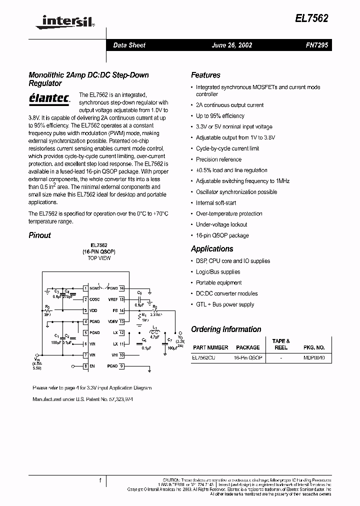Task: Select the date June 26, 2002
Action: [231, 45]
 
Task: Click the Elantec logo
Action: [49, 97]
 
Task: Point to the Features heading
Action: [205, 75]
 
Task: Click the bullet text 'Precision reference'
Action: [218, 159]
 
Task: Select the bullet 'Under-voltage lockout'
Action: [221, 224]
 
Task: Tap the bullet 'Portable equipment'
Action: [218, 283]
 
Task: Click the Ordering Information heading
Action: [226, 329]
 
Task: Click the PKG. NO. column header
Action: [313, 347]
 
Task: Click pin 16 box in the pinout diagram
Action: [121, 288]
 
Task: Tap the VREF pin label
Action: [112, 299]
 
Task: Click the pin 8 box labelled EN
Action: [85, 366]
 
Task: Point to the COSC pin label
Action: [94, 299]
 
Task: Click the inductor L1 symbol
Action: [153, 332]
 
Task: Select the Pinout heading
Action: [39, 235]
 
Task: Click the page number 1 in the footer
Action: [100, 481]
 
